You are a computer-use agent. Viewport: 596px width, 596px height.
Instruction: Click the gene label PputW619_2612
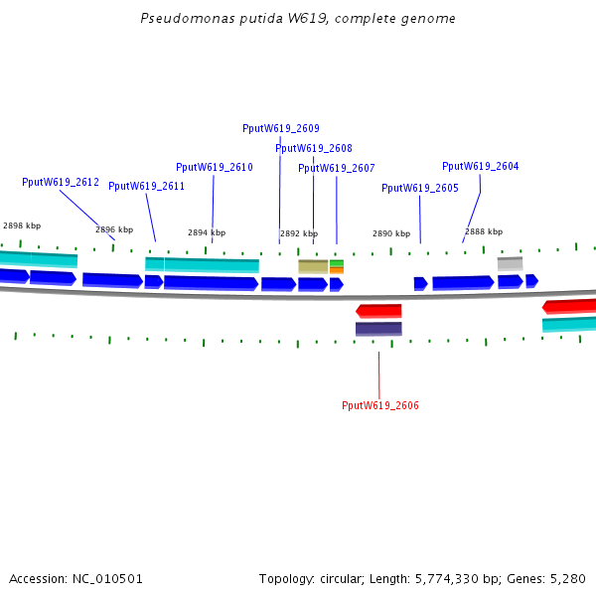click(x=61, y=182)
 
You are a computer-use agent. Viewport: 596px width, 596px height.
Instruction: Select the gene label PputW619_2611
click(x=147, y=186)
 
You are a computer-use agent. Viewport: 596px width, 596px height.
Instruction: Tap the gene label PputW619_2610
click(x=215, y=167)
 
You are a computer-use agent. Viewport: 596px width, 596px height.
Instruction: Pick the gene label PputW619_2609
click(x=281, y=128)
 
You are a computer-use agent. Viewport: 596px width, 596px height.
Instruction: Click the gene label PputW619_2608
click(x=314, y=148)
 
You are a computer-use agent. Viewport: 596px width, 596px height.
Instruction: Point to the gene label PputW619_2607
click(x=337, y=168)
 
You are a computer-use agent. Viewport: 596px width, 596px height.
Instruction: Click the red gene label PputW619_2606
click(x=380, y=405)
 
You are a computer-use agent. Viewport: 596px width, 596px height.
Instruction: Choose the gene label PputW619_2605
click(x=420, y=188)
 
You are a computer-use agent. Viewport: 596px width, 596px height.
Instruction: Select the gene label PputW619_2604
click(x=481, y=166)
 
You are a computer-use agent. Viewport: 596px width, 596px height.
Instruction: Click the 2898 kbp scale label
click(x=22, y=225)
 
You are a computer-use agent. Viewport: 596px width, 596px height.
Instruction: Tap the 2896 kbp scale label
click(x=114, y=229)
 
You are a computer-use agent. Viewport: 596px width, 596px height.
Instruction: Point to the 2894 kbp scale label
click(x=207, y=232)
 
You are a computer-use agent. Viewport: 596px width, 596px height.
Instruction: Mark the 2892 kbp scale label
click(x=299, y=233)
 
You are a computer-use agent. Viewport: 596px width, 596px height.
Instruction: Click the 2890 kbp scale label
click(x=391, y=233)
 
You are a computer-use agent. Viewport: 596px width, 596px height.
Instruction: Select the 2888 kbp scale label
click(x=484, y=231)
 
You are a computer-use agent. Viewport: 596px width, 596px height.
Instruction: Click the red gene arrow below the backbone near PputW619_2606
click(x=379, y=311)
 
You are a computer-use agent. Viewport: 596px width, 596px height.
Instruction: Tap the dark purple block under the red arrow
click(x=379, y=329)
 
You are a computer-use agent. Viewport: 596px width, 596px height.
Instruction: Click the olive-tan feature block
click(x=313, y=266)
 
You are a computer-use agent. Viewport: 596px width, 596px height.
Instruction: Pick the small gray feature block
click(x=510, y=263)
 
